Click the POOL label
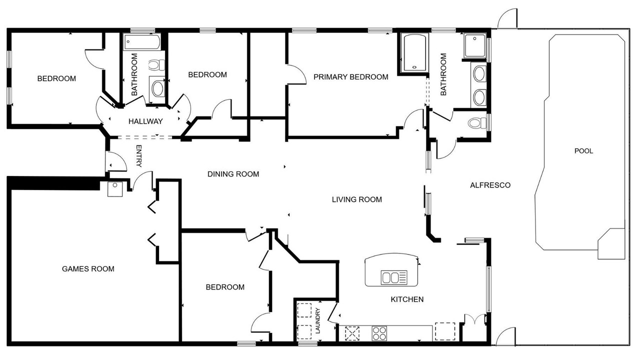583,151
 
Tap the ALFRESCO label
490,185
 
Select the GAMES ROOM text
88,269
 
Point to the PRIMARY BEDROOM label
351,77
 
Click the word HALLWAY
145,121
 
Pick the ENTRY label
138,156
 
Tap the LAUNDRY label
318,321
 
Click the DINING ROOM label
233,174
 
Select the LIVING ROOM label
357,199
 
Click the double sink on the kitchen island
394,277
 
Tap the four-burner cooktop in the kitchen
379,333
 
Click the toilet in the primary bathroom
477,123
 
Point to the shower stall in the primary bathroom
474,45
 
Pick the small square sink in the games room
115,189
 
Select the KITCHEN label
407,299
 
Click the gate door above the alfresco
507,18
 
